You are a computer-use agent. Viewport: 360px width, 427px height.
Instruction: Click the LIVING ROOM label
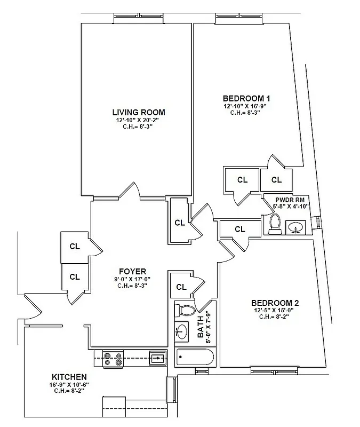138,113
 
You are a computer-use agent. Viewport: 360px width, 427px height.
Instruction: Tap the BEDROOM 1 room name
246,98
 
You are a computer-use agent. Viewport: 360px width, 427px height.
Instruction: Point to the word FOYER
132,272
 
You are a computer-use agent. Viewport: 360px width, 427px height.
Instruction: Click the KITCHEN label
69,377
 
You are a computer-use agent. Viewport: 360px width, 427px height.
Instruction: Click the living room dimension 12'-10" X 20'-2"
138,121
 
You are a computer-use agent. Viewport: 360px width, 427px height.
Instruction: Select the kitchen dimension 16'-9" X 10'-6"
69,384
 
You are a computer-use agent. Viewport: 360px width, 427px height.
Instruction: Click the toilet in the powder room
275,223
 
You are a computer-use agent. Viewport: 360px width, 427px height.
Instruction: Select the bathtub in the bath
194,357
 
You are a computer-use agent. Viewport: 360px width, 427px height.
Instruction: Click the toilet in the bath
186,310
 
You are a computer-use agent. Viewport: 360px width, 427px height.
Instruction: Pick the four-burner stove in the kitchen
113,358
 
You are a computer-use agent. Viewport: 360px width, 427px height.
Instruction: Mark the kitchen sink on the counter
157,358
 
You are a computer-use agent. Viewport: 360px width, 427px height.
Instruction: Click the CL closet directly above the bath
181,287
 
